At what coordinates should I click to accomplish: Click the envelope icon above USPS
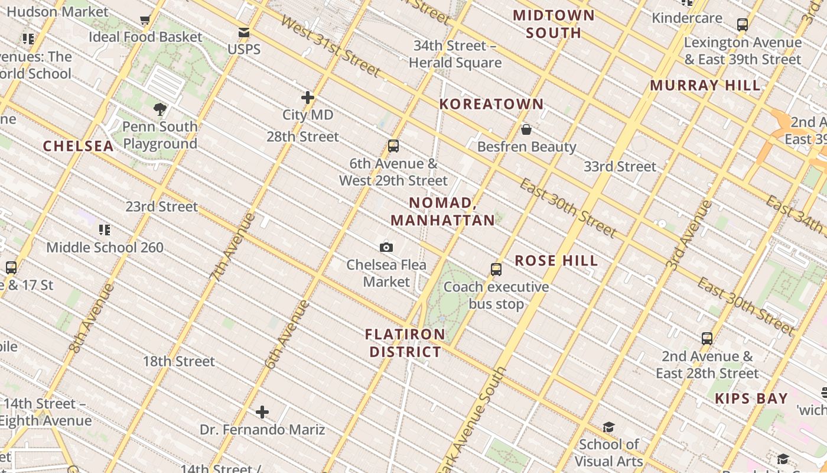point(243,33)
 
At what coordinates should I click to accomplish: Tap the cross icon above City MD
point(308,98)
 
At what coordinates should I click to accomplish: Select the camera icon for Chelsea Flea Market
point(386,247)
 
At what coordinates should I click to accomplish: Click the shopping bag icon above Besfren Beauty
point(526,129)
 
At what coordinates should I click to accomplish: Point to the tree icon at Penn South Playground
point(159,109)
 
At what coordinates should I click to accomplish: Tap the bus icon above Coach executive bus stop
point(496,270)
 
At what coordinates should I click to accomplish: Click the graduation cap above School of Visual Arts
point(608,427)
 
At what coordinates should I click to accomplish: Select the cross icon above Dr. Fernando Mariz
point(262,412)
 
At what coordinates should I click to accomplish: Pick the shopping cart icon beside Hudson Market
point(145,20)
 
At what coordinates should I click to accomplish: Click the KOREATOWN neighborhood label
point(491,104)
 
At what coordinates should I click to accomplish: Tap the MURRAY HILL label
point(705,85)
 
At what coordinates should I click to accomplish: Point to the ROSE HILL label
point(556,260)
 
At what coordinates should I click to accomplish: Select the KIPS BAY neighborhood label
point(751,399)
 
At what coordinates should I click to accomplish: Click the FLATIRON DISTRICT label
point(405,343)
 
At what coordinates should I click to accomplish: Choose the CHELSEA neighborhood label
point(78,146)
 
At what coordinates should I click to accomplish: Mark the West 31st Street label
point(330,46)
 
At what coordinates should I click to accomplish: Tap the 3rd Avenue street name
point(689,235)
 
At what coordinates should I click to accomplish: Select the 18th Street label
point(178,361)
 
